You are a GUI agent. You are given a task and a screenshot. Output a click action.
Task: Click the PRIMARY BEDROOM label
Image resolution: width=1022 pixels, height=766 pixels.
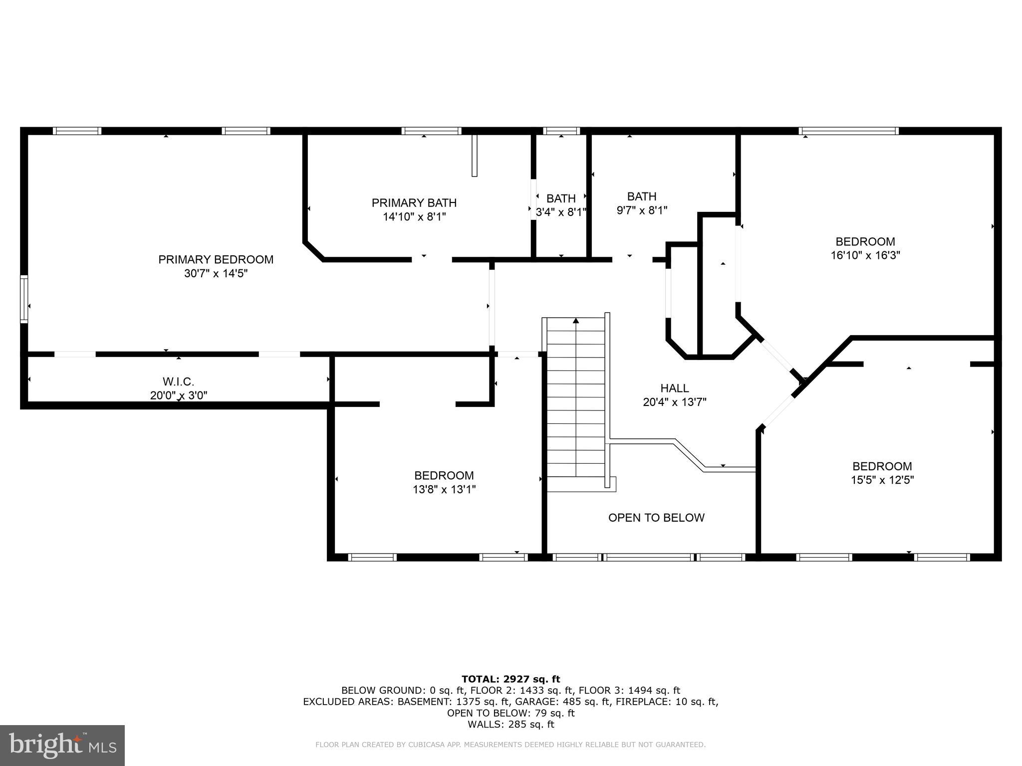[216, 259]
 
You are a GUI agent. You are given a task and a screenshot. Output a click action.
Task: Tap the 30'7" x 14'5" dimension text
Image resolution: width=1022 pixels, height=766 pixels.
[216, 273]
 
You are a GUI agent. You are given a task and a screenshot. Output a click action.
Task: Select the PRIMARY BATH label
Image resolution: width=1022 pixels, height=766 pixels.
[414, 202]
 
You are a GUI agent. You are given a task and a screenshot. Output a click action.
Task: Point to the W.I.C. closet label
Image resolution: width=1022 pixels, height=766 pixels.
[178, 382]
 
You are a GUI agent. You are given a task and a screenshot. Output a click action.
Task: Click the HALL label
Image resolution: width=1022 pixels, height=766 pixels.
[674, 388]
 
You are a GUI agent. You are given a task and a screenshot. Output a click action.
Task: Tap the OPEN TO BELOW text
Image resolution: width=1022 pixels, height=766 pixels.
[656, 518]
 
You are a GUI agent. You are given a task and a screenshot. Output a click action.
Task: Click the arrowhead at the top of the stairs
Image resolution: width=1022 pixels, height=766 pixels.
[576, 321]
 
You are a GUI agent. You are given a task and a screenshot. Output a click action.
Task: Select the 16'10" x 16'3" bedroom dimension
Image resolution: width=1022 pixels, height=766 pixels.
[865, 255]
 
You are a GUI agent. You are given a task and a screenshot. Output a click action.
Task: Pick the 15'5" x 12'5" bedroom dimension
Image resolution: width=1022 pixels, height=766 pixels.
[882, 480]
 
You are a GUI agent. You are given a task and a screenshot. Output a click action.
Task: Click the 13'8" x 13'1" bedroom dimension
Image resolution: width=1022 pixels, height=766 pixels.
[444, 489]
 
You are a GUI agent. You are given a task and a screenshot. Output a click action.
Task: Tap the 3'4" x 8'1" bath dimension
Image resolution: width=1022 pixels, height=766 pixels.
[560, 212]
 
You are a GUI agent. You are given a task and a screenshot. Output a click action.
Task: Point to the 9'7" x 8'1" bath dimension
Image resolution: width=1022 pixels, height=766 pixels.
[642, 210]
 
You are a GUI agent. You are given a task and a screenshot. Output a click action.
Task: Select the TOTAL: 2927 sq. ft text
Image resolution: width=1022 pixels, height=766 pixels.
[511, 679]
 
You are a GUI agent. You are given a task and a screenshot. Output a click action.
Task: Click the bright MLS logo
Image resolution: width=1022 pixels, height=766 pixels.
[62, 746]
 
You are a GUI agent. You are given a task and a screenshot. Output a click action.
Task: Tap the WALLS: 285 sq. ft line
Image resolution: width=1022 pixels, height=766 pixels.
[511, 725]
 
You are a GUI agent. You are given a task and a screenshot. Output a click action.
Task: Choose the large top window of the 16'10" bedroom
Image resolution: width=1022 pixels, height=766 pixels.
[848, 131]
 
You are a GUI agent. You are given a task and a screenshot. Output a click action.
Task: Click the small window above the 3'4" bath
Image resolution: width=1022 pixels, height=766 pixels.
[561, 131]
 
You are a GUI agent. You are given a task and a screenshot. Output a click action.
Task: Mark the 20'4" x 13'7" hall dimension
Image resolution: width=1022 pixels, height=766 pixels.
[674, 402]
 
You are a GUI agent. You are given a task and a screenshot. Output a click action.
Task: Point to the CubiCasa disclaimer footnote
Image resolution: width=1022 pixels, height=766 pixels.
[510, 745]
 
